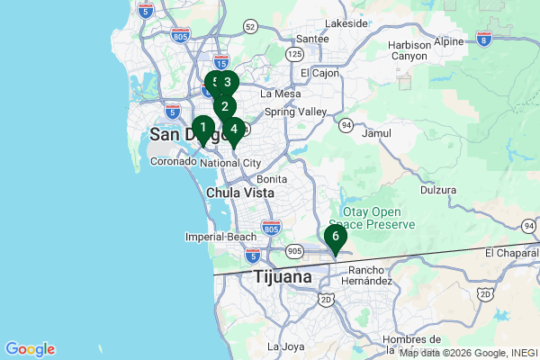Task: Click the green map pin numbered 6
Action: coord(335,238)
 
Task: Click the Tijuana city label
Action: coord(283,276)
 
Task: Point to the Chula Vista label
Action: coord(239,193)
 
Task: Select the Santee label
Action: coord(312,39)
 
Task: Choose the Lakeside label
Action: coord(346,23)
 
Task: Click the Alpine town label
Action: coord(449,41)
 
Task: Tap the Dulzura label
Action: coord(438,191)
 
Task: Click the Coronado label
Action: coord(173,162)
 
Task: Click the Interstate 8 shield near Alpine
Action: coord(485,39)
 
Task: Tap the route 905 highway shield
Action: coord(294,251)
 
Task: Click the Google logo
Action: coord(30,349)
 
